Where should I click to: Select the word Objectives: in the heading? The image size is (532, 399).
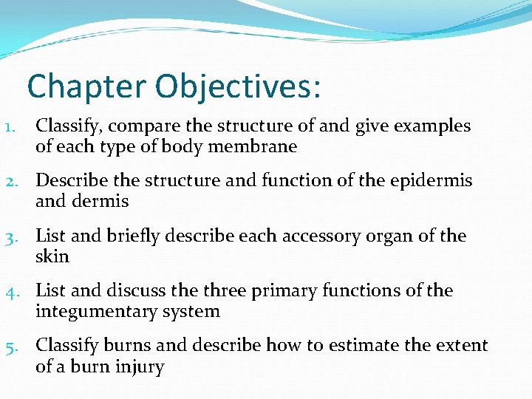pos(238,86)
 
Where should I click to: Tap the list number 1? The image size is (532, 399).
pos(10,126)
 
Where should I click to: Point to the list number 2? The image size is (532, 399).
pos(10,181)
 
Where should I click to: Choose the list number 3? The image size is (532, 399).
pos(10,236)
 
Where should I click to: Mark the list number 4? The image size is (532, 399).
pos(10,291)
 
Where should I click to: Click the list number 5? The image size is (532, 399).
pos(10,346)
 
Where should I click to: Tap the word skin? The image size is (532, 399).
pos(52,256)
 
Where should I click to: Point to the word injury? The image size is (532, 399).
pos(139,366)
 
